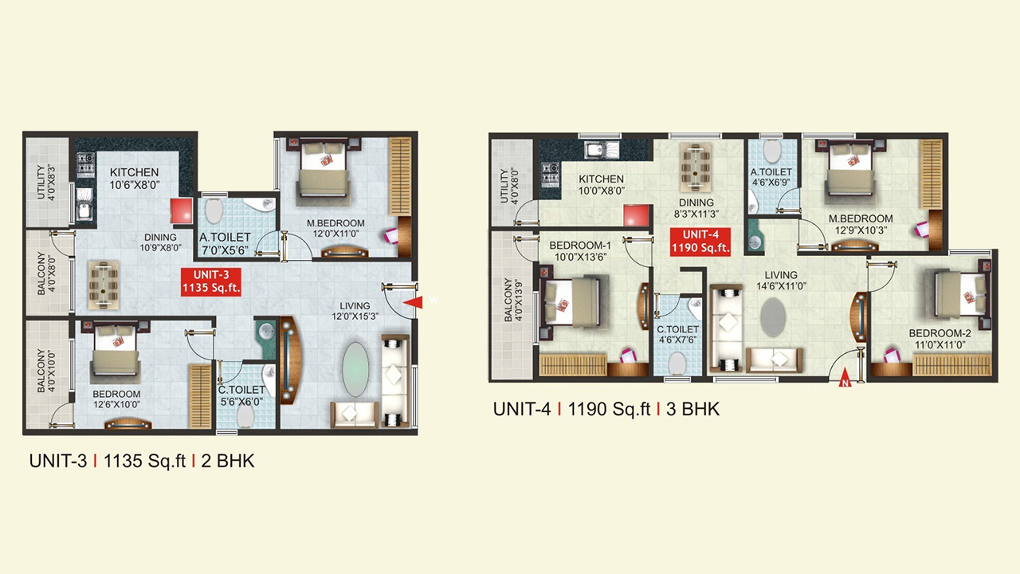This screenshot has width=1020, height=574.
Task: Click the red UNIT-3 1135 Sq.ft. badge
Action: coord(211,282)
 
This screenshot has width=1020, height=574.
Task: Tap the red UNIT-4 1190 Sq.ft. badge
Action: coord(700,242)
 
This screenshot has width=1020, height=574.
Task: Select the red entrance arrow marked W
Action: coord(413,301)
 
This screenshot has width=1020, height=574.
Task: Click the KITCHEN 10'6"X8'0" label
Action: coord(135,179)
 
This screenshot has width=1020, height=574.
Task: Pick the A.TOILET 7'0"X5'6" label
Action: coord(225,244)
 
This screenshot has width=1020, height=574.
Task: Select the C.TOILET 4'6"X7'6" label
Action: coord(677,334)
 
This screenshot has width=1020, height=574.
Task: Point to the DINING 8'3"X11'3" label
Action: coord(696,208)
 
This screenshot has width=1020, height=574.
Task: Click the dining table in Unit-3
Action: coord(104,285)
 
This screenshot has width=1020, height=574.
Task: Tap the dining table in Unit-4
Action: coord(696,167)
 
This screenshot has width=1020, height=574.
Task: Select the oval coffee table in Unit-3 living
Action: coord(355,369)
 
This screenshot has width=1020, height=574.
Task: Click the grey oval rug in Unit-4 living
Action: coord(773,317)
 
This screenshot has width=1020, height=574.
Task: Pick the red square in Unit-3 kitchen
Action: coord(182,211)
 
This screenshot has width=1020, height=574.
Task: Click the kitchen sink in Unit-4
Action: coord(602,150)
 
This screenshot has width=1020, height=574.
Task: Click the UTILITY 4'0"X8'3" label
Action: coord(46,182)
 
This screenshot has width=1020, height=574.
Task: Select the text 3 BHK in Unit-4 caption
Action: coord(693,409)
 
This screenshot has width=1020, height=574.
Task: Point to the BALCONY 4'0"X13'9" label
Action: coord(513,300)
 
